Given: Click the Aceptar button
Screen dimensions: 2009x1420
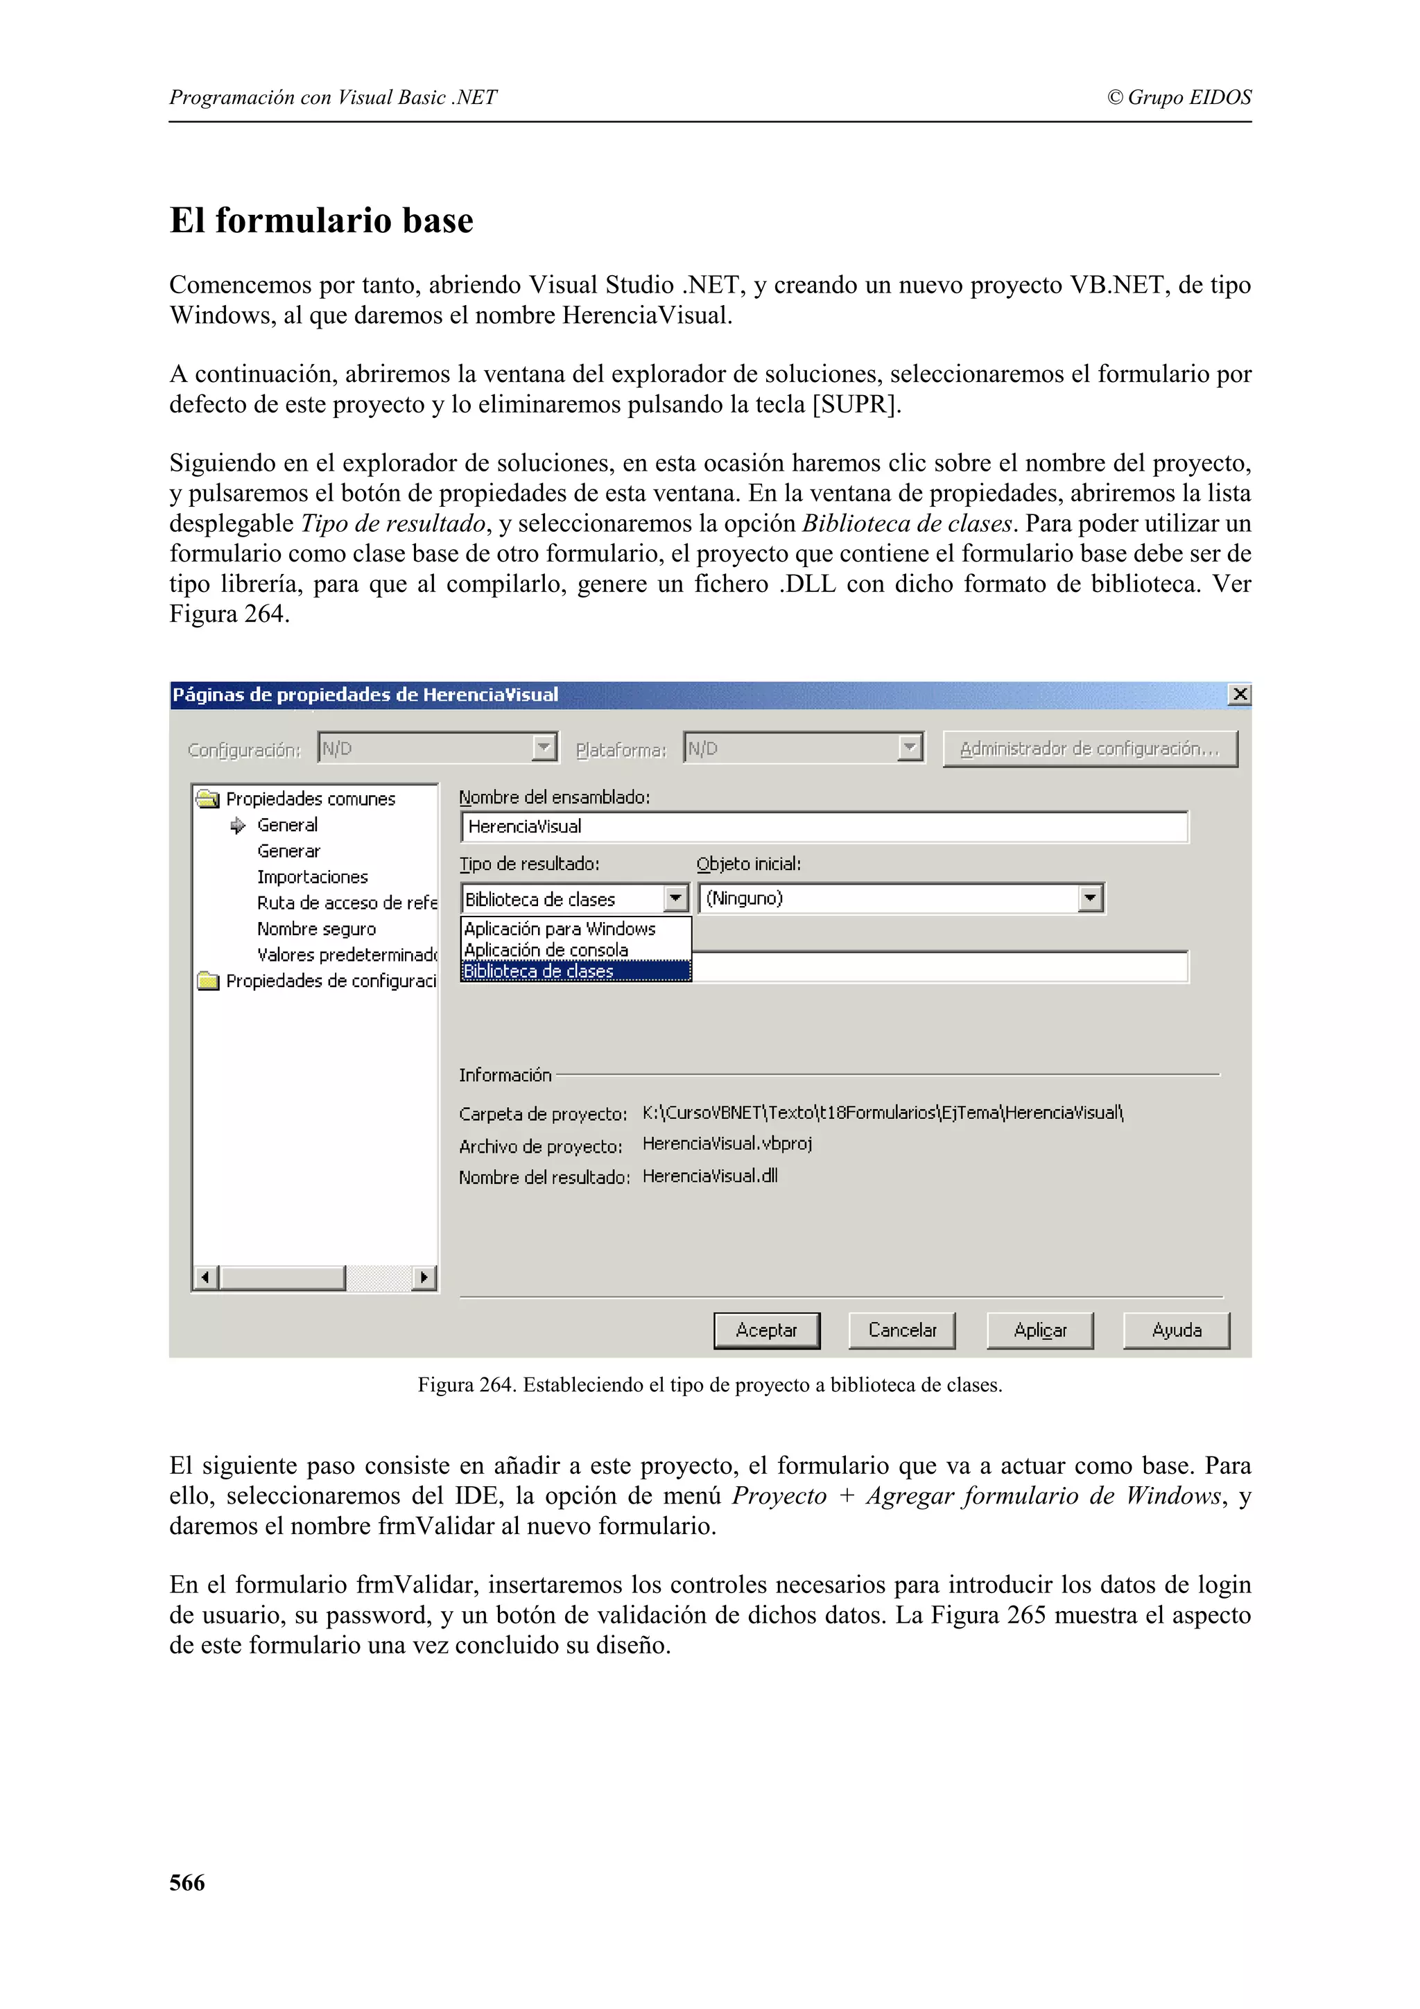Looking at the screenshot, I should point(766,1330).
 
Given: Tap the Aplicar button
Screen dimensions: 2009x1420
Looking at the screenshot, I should point(1039,1330).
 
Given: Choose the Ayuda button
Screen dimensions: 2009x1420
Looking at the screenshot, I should point(1176,1330).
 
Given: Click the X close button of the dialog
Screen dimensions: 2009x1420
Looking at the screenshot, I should point(1239,695).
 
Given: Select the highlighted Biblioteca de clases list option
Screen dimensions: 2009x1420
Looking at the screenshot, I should point(575,971).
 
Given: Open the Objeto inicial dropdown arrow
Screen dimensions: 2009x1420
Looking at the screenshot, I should point(1089,898).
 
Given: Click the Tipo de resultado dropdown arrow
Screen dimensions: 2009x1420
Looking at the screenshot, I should point(675,898).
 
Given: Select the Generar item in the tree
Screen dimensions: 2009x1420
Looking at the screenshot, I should point(288,851).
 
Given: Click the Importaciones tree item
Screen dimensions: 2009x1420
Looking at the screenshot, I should point(312,877).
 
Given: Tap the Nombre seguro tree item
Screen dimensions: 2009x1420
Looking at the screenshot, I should point(316,928).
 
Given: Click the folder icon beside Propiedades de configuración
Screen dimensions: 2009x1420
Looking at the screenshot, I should point(208,981).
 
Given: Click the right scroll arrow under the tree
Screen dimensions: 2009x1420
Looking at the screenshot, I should point(424,1278).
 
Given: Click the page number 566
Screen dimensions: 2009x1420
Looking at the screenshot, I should point(187,1882).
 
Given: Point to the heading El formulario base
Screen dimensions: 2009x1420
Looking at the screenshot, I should point(321,220).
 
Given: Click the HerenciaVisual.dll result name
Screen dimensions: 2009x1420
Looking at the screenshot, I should point(709,1176).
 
